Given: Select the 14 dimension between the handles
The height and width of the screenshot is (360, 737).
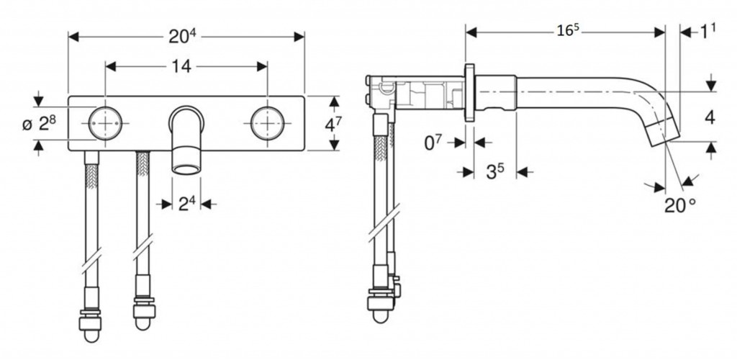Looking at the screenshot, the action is coord(181,66).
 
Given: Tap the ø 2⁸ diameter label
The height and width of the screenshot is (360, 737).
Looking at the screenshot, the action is coord(40,124).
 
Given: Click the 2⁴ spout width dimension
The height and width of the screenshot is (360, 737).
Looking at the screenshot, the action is coord(186,204).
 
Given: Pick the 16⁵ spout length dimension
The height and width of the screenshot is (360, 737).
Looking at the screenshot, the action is coord(567,32).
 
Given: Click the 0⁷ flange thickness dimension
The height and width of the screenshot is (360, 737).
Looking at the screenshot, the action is coord(433,143).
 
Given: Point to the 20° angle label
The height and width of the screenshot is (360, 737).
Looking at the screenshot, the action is coord(679,205).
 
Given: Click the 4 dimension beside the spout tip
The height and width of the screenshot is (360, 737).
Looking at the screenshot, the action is coord(710,117).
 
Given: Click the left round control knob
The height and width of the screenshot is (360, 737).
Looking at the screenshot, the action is coord(105,123).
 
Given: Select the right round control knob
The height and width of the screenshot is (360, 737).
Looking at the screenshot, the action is coord(268,123).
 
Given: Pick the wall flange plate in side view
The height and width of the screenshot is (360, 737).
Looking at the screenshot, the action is coord(469,93).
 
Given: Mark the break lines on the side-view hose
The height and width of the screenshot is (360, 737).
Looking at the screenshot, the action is coord(384,222).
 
